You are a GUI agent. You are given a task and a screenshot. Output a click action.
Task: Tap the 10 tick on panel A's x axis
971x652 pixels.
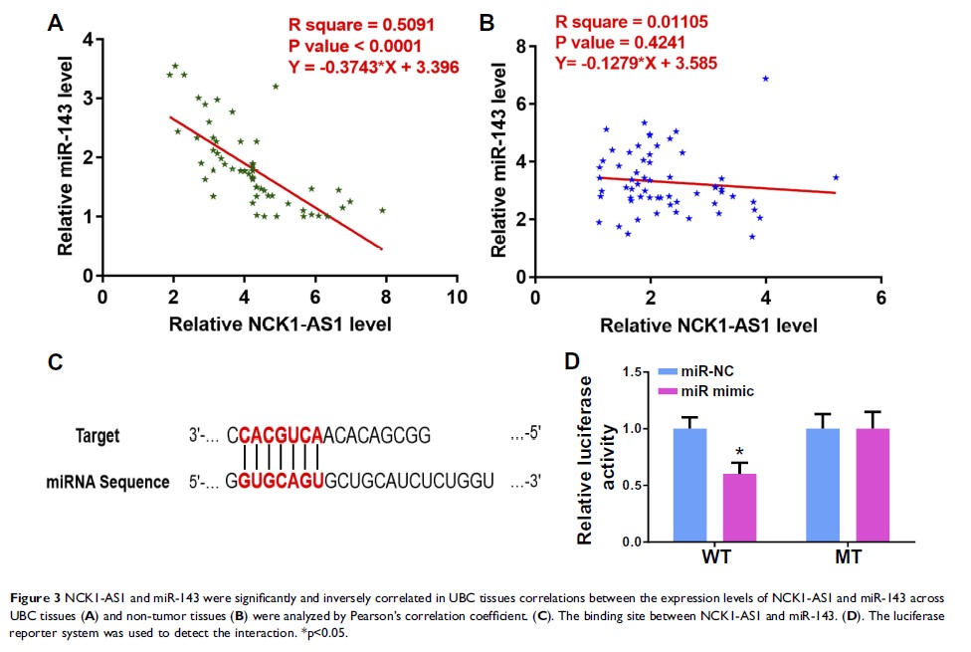tap(457, 297)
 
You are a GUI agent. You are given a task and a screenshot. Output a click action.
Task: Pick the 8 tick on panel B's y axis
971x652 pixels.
tap(520, 45)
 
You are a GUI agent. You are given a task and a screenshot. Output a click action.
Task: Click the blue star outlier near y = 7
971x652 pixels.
tap(765, 79)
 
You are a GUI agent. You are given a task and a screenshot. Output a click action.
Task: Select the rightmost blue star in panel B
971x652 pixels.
tap(836, 178)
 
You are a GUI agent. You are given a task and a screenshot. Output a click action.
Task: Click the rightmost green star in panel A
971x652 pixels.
tap(381, 210)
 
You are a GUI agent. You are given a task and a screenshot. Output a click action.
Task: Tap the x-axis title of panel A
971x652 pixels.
tap(279, 323)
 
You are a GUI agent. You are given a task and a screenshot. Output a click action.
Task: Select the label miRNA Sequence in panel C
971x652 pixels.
tap(107, 482)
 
